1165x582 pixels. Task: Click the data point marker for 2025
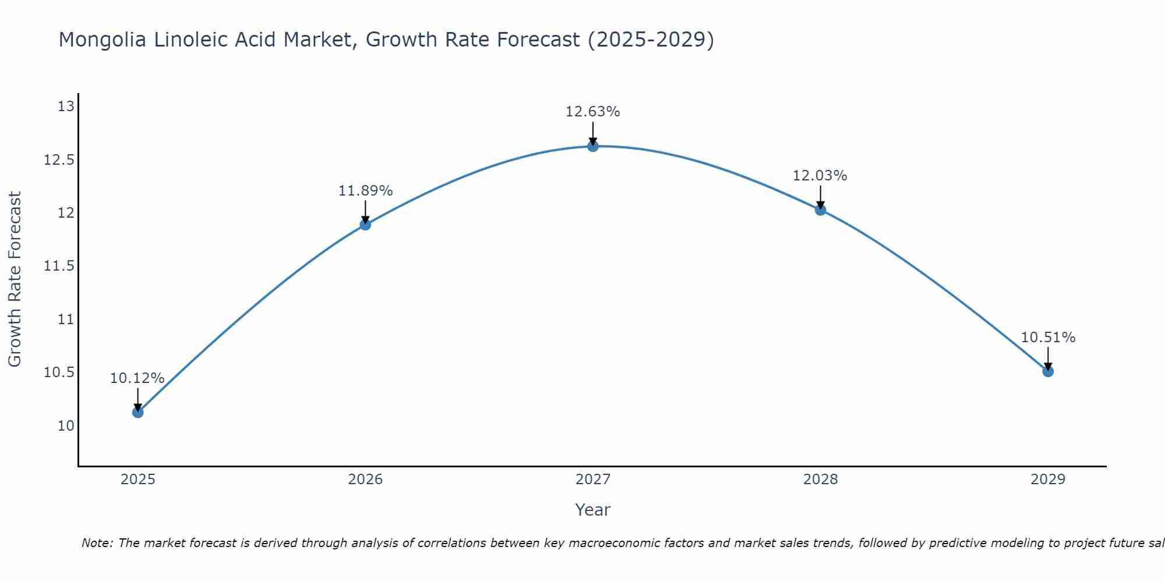138,412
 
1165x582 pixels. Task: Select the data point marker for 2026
365,225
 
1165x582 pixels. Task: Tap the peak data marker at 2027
593,146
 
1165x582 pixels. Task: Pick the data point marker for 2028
820,210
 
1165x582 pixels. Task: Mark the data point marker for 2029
1048,371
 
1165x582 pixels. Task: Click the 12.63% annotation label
593,112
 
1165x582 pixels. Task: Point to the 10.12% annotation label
137,378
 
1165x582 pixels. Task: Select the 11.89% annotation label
366,191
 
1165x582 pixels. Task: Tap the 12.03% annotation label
820,176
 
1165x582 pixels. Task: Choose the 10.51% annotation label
1048,338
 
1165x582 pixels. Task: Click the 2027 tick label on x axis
593,480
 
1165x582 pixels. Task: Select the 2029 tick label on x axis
1048,480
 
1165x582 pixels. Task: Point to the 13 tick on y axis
66,107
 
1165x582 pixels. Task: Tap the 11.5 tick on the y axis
59,266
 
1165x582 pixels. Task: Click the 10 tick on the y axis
66,425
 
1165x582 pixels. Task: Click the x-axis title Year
593,510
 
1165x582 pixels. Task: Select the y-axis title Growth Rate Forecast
15,279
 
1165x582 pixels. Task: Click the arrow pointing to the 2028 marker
820,196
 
